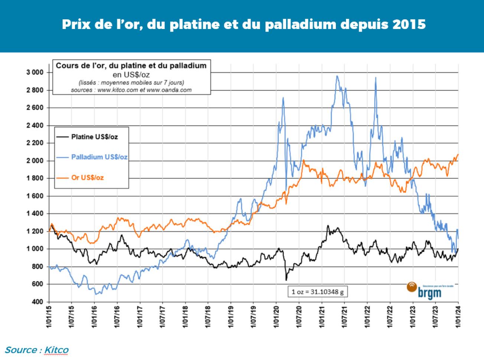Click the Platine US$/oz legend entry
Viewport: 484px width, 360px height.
coord(94,137)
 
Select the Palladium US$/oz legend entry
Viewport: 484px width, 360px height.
coord(99,157)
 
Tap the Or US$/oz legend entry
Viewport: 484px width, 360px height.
coord(87,178)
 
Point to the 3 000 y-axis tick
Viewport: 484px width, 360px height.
coord(35,72)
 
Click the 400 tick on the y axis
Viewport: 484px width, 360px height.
coord(37,302)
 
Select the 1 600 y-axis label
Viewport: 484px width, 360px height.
coord(35,196)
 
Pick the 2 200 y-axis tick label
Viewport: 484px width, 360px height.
coord(35,143)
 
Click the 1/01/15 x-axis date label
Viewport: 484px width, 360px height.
coord(49,316)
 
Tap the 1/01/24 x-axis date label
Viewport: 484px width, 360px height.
coord(458,316)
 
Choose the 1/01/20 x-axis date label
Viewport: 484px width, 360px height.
coord(276,316)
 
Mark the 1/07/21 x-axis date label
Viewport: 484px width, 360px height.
coord(344,316)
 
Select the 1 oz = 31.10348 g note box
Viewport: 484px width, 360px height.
coord(317,292)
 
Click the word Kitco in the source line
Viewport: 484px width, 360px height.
coord(56,350)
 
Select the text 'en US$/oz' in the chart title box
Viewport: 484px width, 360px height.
coord(131,74)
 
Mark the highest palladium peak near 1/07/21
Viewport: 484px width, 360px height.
coord(337,77)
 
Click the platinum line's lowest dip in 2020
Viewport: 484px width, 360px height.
coord(286,279)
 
